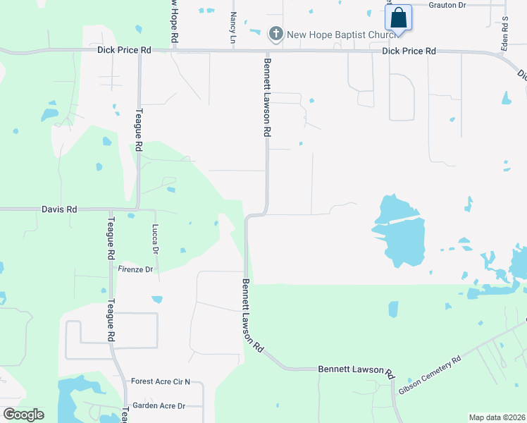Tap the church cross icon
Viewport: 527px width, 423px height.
point(276,32)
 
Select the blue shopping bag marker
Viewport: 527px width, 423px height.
point(398,18)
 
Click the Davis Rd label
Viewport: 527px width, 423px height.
point(58,209)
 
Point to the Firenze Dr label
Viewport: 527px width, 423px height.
point(136,269)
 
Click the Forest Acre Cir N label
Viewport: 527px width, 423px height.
point(161,381)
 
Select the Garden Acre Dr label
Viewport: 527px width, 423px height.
point(159,405)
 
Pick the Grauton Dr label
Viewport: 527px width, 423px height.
point(447,5)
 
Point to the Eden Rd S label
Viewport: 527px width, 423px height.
point(505,30)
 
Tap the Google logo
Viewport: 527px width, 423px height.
point(23,414)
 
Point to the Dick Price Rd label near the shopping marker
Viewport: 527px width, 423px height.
point(409,51)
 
